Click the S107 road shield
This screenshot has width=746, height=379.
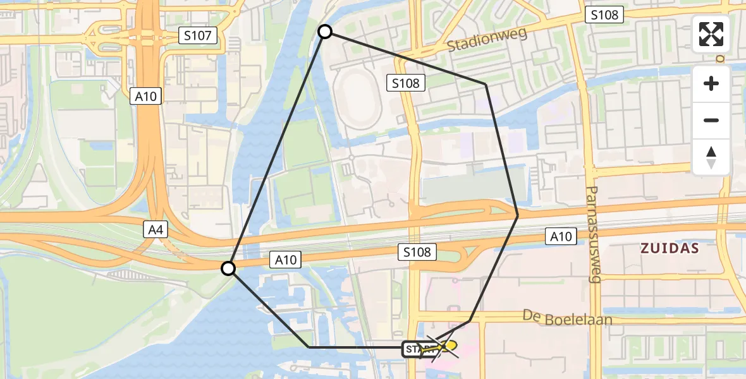[198, 36]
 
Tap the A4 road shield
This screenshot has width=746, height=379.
[156, 230]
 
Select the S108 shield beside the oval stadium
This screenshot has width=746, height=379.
[405, 82]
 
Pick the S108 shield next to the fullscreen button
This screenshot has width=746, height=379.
[604, 15]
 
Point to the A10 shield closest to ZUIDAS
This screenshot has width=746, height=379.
[561, 237]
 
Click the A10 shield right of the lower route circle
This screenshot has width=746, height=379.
[285, 259]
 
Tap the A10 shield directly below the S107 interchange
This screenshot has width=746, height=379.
[146, 96]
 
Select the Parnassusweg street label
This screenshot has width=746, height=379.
[593, 234]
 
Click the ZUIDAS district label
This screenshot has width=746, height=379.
[670, 248]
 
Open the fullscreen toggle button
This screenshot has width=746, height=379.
[711, 34]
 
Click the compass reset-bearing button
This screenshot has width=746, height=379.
[711, 157]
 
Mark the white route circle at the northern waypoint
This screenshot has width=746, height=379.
[324, 32]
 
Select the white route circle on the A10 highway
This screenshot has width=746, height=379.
[228, 269]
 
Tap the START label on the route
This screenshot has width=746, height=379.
[417, 349]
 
